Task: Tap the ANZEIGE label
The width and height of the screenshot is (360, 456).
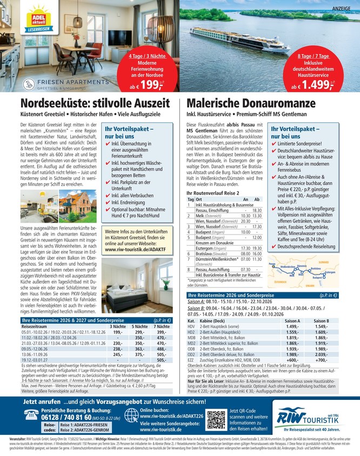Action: click(x=344, y=9)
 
